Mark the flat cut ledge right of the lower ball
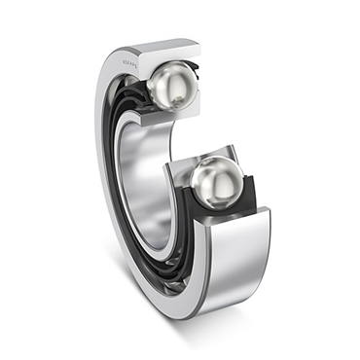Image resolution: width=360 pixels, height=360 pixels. [x=261, y=208]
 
